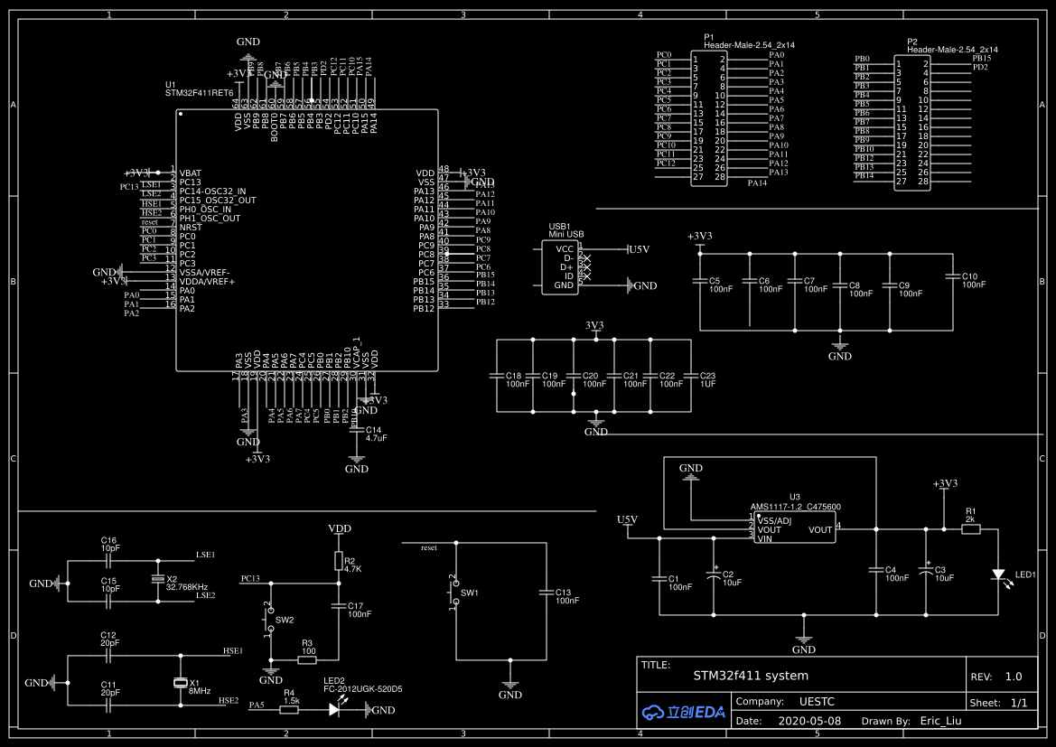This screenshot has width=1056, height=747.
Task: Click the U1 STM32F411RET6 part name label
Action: click(199, 92)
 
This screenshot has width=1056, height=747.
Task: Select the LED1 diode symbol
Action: click(998, 574)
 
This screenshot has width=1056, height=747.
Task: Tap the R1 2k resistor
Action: click(971, 530)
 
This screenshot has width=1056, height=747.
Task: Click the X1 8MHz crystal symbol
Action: click(181, 683)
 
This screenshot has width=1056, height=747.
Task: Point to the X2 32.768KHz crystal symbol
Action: click(158, 579)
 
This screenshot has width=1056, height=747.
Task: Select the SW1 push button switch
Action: click(454, 591)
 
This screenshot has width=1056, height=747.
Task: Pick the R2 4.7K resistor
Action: click(339, 562)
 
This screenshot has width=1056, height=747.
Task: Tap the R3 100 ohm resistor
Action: click(307, 660)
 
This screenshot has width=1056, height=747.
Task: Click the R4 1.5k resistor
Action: click(289, 710)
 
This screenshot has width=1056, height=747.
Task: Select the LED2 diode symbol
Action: click(334, 710)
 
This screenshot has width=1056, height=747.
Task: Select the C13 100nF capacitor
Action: click(546, 593)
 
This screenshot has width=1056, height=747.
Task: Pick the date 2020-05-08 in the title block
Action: click(809, 721)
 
